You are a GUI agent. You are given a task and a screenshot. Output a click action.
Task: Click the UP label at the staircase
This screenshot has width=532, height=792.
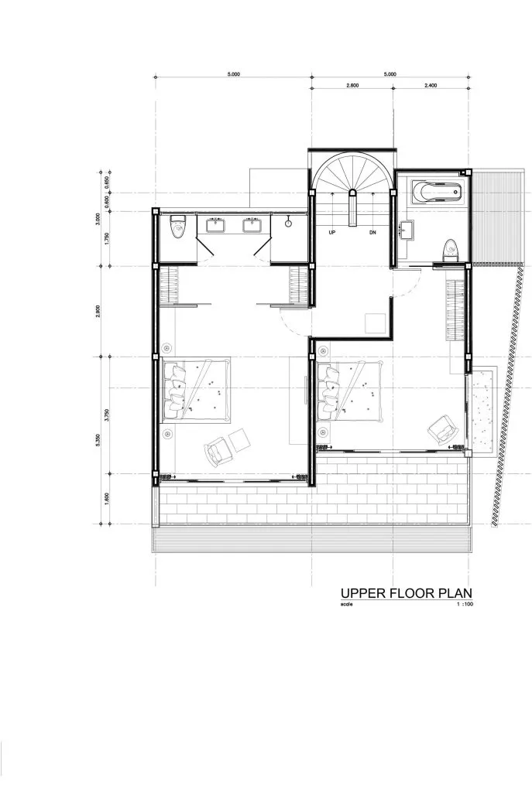point(332,232)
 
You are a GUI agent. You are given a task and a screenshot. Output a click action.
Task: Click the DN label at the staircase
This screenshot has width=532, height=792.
point(372,232)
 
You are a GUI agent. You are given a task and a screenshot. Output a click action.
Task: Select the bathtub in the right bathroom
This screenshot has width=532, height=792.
point(434,192)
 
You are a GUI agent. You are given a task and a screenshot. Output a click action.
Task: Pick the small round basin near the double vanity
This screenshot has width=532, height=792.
point(288,224)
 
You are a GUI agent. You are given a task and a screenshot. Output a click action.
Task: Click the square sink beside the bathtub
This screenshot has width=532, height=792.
point(407,227)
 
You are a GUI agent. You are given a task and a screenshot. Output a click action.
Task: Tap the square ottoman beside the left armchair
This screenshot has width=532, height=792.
point(241,439)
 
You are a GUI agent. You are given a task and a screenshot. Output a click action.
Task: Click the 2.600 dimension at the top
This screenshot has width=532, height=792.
point(352,86)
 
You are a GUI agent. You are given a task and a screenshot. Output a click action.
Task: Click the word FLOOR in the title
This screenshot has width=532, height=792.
point(403,593)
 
